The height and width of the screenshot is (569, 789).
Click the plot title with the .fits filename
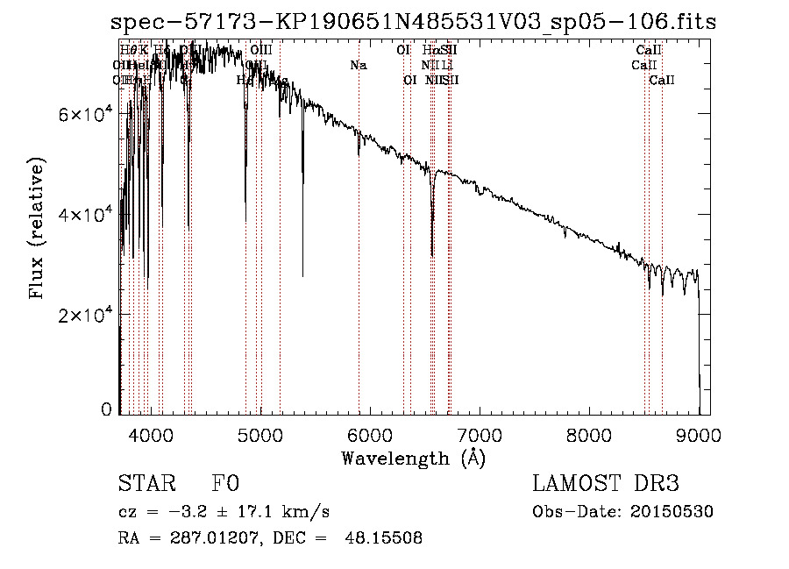[x=414, y=23]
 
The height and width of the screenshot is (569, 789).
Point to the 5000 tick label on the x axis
[x=260, y=433]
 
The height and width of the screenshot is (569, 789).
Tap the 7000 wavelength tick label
[x=480, y=433]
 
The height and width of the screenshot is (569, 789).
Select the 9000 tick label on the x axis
[x=699, y=433]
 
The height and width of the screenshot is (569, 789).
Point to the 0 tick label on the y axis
[x=106, y=409]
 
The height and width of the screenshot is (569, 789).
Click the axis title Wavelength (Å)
[x=413, y=458]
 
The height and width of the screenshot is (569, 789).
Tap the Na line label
[x=358, y=66]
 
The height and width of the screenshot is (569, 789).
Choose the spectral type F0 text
[x=225, y=485]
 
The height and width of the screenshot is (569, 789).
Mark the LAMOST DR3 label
[x=606, y=485]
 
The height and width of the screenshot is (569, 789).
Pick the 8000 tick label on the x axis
[x=589, y=433]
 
